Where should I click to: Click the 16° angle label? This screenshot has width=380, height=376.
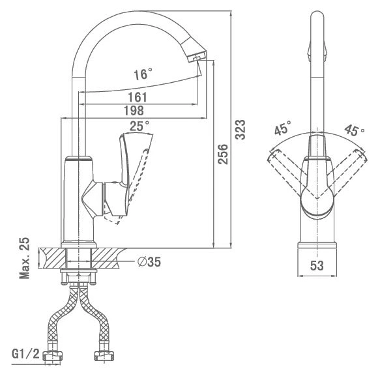pyautogui.click(x=143, y=74)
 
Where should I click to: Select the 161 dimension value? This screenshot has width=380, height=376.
pyautogui.click(x=138, y=97)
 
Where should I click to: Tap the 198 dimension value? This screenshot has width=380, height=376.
pyautogui.click(x=134, y=111)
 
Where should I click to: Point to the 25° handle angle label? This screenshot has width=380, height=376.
pyautogui.click(x=139, y=126)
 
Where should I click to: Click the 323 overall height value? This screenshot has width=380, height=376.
pyautogui.click(x=241, y=130)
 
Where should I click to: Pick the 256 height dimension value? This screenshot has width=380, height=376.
pyautogui.click(x=223, y=154)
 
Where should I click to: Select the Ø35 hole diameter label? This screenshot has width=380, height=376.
pyautogui.click(x=149, y=262)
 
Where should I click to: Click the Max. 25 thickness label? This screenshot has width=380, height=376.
pyautogui.click(x=24, y=258)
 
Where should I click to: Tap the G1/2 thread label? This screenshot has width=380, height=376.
pyautogui.click(x=25, y=354)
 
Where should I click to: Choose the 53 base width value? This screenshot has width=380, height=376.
pyautogui.click(x=317, y=265)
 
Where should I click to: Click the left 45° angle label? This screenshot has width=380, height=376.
pyautogui.click(x=283, y=128)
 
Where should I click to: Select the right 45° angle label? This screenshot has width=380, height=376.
pyautogui.click(x=354, y=130)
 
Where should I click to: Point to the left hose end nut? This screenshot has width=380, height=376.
pyautogui.click(x=52, y=356)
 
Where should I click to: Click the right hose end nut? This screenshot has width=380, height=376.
pyautogui.click(x=104, y=356)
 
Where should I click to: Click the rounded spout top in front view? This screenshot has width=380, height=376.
pyautogui.click(x=317, y=17)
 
